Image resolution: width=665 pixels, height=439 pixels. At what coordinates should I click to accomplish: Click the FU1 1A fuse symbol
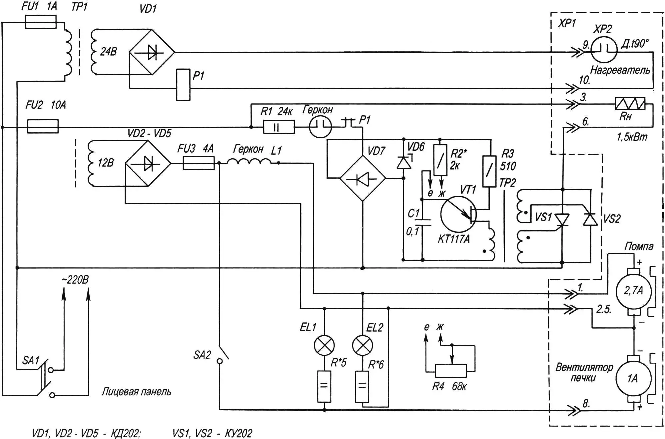pyautogui.click(x=41, y=22)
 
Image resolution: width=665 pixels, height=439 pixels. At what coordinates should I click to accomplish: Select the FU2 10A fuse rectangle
pyautogui.click(x=43, y=127)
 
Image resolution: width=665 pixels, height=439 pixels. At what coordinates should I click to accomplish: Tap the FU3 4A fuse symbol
pyautogui.click(x=199, y=163)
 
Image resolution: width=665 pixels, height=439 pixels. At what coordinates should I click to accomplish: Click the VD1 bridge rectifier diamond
pyautogui.click(x=152, y=52)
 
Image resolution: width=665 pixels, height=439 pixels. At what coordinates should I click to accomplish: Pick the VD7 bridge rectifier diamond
pyautogui.click(x=362, y=179)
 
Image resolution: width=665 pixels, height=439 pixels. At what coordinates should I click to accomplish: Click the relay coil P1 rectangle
pyautogui.click(x=183, y=85)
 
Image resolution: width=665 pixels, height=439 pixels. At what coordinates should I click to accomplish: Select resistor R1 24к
pyautogui.click(x=279, y=127)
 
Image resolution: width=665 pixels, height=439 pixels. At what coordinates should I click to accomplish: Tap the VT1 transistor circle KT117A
pyautogui.click(x=458, y=214)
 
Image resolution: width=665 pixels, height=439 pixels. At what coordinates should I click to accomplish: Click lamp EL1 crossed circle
pyautogui.click(x=324, y=345)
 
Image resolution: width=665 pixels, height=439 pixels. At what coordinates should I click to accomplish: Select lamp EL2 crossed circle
pyautogui.click(x=362, y=345)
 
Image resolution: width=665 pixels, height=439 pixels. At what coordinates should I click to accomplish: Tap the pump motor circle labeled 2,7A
pyautogui.click(x=633, y=291)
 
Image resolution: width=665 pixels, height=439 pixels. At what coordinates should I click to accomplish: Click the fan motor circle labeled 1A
pyautogui.click(x=633, y=378)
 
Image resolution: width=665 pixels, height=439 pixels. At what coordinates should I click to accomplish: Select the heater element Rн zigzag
pyautogui.click(x=630, y=104)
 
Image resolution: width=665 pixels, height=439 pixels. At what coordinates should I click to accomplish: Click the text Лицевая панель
pyautogui.click(x=136, y=391)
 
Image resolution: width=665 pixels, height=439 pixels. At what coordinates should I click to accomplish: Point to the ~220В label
pyautogui.click(x=75, y=280)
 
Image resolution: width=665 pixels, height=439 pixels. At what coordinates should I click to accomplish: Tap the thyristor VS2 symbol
pyautogui.click(x=590, y=219)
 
